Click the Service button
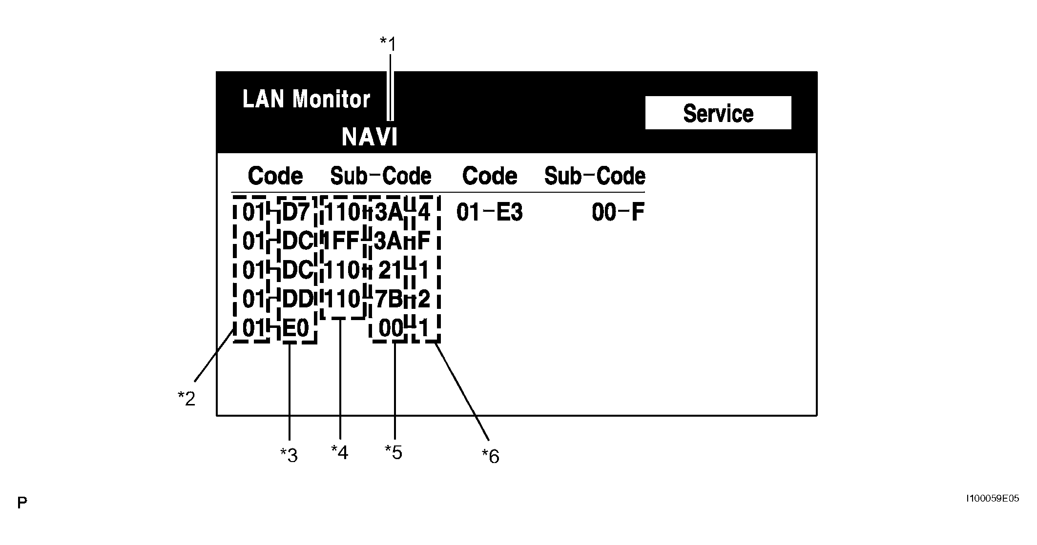point(718,113)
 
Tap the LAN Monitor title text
point(306,100)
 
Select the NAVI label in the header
point(370,137)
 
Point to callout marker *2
point(187,399)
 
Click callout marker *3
point(289,455)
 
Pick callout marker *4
point(340,452)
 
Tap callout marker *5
point(394,452)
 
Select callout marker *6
point(491,456)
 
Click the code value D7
point(296,213)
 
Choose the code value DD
point(297,299)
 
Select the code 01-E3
point(489,213)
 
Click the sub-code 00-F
point(618,213)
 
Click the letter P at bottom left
point(22,503)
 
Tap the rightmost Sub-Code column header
point(594,176)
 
